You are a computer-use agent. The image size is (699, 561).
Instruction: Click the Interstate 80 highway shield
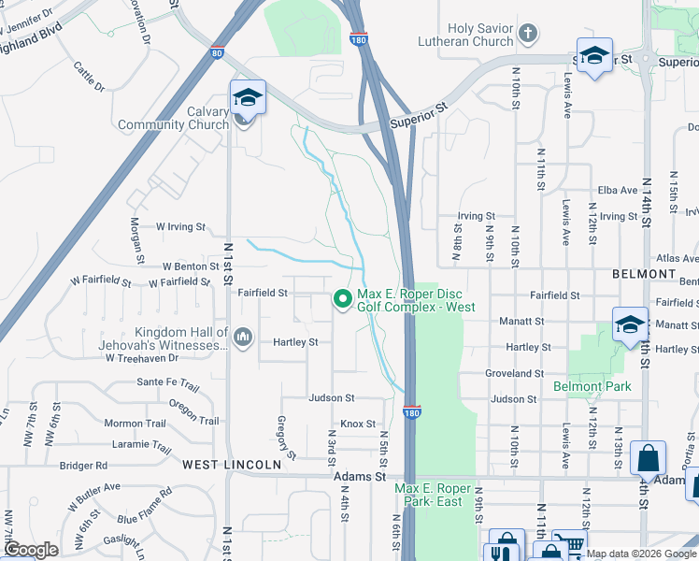pyautogui.click(x=217, y=53)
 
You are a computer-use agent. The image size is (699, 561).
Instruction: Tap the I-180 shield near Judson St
pyautogui.click(x=411, y=411)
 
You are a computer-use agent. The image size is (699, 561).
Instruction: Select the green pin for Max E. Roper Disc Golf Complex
pyautogui.click(x=342, y=299)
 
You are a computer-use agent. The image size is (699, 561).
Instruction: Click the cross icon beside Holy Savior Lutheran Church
pyautogui.click(x=528, y=36)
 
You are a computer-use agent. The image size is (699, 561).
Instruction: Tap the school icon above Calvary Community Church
pyautogui.click(x=248, y=97)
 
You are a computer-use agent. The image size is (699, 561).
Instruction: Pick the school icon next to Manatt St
pyautogui.click(x=630, y=324)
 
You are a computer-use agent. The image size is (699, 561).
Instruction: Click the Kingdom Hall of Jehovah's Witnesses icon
pyautogui.click(x=243, y=336)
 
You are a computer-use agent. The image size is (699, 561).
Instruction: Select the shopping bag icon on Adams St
pyautogui.click(x=647, y=459)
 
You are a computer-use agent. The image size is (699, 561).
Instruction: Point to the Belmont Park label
pyautogui.click(x=592, y=386)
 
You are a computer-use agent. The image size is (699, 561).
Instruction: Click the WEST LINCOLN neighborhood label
pyautogui.click(x=231, y=465)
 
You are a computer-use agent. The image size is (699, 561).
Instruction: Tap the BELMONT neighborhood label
pyautogui.click(x=643, y=274)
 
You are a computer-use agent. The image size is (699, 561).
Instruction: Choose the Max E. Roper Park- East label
pyautogui.click(x=428, y=495)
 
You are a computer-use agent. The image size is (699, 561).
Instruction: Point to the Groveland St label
pyautogui.click(x=514, y=373)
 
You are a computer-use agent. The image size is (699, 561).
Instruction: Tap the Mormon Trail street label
pyautogui.click(x=135, y=424)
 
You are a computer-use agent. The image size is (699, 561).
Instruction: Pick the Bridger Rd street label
pyautogui.click(x=83, y=466)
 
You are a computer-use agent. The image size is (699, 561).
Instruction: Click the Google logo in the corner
pyautogui.click(x=31, y=550)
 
